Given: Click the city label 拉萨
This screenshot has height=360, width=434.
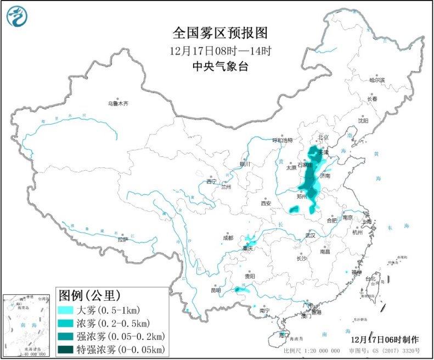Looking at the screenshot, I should coord(122,239).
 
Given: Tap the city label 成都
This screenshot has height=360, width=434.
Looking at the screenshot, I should coord(228,238).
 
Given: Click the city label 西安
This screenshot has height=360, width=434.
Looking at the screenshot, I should coord(266,203).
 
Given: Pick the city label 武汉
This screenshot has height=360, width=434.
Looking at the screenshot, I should coord(311,235).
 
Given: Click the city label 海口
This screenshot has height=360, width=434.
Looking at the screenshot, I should coord(284,334).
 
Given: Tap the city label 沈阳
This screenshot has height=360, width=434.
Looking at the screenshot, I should coord(363,120).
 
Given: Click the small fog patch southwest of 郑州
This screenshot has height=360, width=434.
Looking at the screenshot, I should coord(294,209).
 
